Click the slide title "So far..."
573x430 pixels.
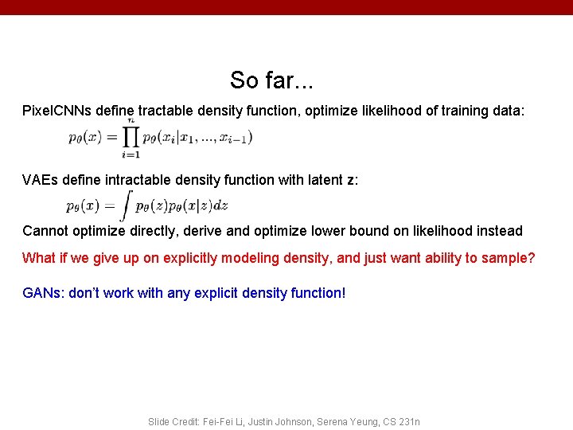271,80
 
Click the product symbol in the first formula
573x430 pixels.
130,137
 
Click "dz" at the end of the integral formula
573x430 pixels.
220,205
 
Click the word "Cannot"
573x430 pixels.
45,231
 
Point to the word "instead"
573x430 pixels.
499,231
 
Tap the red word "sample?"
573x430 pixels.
509,258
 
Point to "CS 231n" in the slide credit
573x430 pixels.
403,421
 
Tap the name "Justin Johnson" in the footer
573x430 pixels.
280,421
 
